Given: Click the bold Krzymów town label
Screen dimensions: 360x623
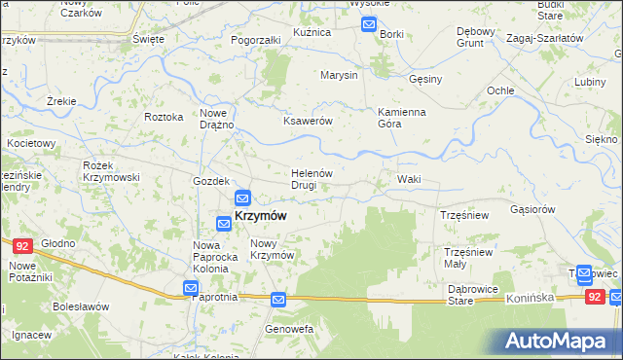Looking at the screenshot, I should click(x=260, y=216).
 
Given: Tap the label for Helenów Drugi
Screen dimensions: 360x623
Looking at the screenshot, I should click(x=312, y=179).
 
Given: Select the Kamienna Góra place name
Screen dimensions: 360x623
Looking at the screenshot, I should click(x=402, y=118).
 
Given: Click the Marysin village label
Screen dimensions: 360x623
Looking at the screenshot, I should click(x=340, y=75).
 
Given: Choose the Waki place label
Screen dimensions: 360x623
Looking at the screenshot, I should click(x=409, y=180).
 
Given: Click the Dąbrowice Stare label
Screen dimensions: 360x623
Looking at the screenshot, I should click(x=473, y=295).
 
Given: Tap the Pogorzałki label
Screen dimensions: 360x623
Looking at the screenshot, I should click(x=256, y=41).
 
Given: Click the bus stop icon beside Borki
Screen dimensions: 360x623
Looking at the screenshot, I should click(x=369, y=24).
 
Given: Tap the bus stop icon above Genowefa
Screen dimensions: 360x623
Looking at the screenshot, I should click(x=278, y=302).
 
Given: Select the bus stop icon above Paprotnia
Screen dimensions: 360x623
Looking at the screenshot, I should click(x=191, y=289).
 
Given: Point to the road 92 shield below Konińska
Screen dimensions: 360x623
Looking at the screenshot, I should click(x=594, y=294).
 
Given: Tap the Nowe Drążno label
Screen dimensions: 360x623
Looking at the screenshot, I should click(x=217, y=118).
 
